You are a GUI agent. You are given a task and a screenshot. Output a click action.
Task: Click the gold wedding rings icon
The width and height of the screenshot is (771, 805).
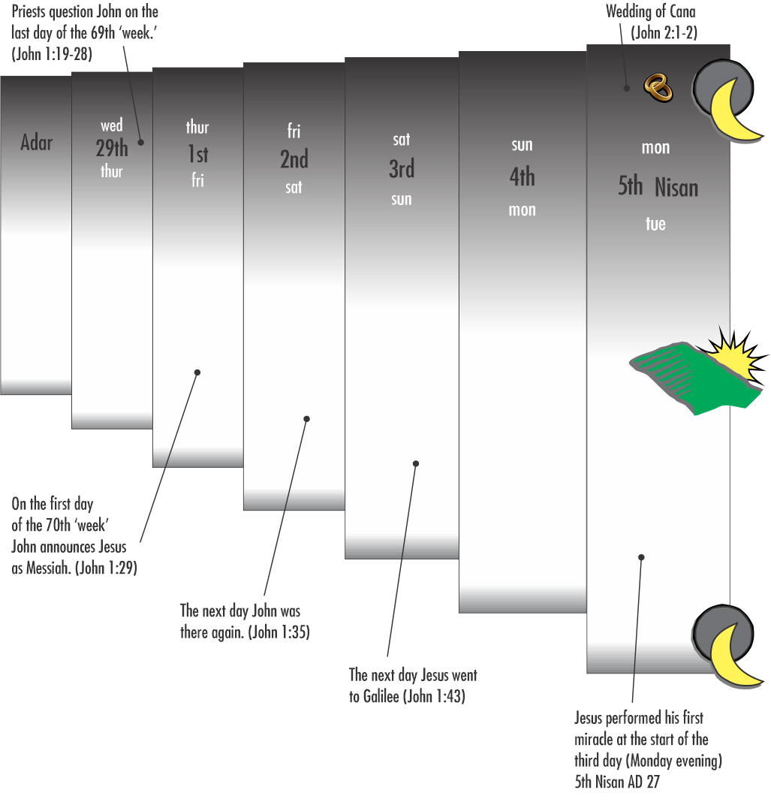(658, 88)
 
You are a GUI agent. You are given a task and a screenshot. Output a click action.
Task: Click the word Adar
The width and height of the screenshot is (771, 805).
(37, 142)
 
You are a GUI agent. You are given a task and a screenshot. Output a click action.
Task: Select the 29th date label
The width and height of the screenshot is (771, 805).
(111, 148)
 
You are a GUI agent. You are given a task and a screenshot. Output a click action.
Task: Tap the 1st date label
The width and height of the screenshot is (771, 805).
(197, 153)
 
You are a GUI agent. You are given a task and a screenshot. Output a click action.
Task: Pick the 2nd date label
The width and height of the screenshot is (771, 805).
(294, 159)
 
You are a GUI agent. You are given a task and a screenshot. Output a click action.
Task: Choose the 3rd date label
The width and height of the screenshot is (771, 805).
(402, 169)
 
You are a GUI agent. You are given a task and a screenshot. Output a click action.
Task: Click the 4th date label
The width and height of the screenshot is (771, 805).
(522, 177)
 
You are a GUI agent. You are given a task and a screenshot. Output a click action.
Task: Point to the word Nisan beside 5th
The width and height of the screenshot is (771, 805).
(676, 188)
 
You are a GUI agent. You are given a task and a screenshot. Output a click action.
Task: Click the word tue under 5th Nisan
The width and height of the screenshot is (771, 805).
(655, 224)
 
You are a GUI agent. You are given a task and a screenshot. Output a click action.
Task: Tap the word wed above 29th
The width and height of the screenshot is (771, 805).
(111, 125)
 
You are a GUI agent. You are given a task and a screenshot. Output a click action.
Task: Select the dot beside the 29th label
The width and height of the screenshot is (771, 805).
(140, 143)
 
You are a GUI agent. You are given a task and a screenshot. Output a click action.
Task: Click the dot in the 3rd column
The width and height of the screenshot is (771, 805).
(416, 463)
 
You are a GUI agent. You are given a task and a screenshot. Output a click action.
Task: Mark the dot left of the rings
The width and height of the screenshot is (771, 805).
(626, 89)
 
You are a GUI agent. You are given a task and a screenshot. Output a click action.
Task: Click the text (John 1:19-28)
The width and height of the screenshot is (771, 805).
(52, 54)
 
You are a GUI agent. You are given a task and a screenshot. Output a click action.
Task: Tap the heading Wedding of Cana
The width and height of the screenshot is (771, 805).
(650, 11)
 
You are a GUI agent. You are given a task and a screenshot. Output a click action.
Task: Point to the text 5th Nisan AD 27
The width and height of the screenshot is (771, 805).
(617, 782)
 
